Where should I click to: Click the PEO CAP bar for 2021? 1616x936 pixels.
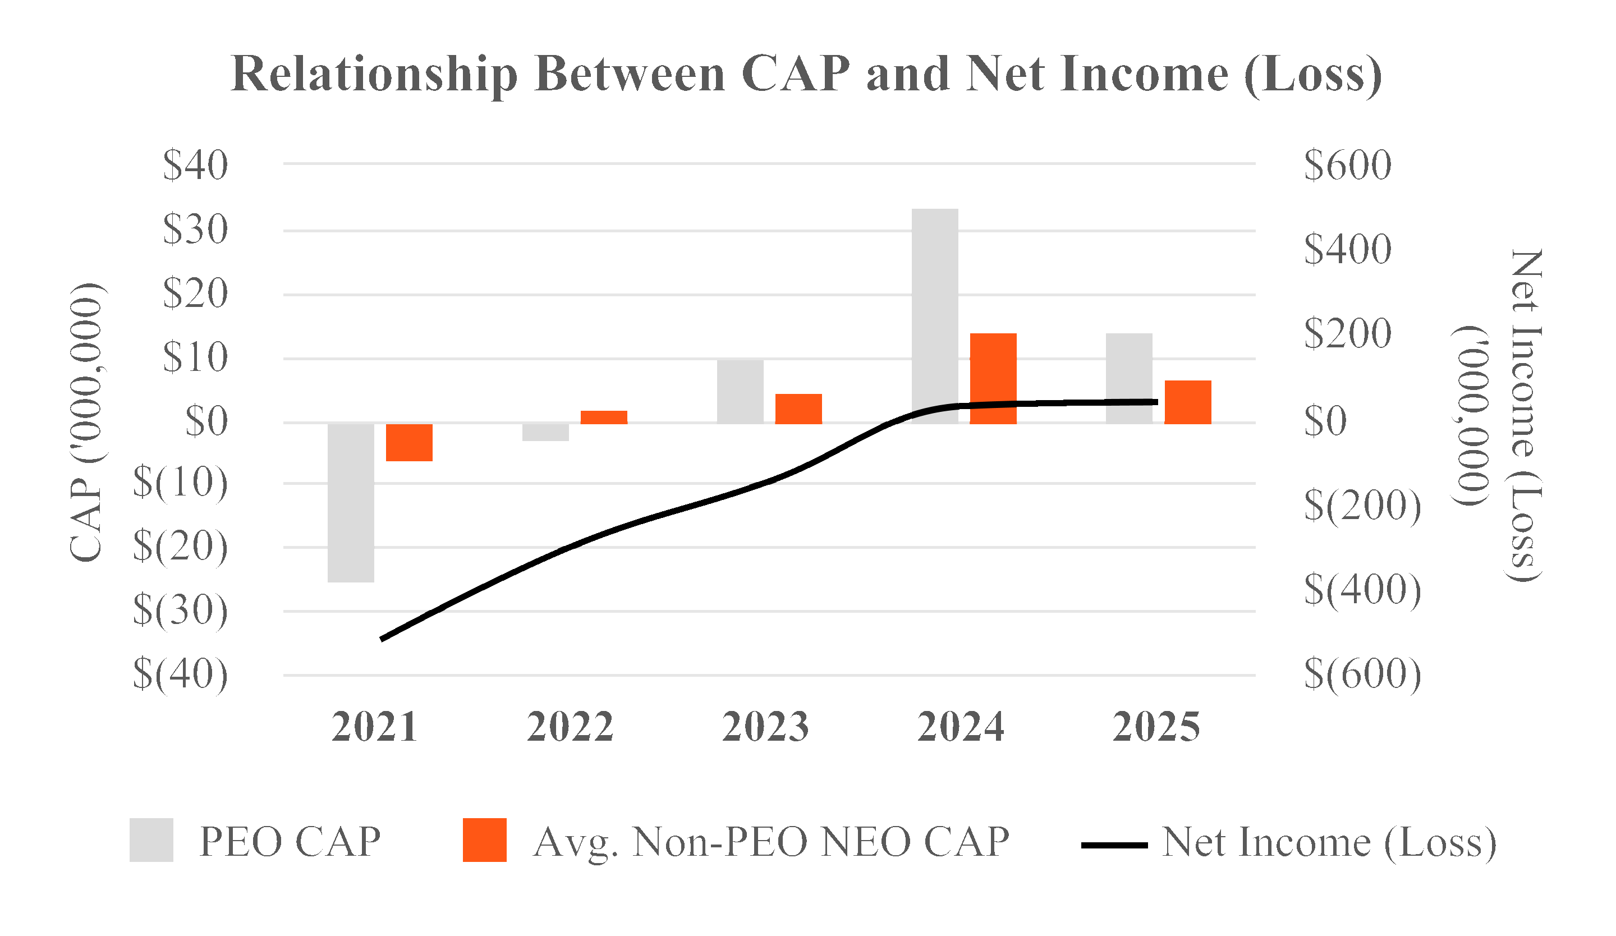click(351, 502)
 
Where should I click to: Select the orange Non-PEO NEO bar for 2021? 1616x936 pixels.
click(409, 442)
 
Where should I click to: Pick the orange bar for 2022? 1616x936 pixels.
click(603, 417)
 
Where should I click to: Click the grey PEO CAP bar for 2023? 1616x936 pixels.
click(740, 391)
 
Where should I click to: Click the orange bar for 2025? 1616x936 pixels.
click(1188, 402)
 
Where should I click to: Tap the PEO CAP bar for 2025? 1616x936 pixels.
click(1130, 365)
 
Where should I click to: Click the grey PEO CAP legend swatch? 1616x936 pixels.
click(151, 840)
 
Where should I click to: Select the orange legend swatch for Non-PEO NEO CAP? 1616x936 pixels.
click(484, 840)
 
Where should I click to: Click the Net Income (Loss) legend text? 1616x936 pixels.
click(1329, 841)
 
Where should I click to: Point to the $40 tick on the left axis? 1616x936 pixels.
click(195, 165)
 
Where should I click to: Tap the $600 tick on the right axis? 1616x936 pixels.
click(1347, 165)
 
